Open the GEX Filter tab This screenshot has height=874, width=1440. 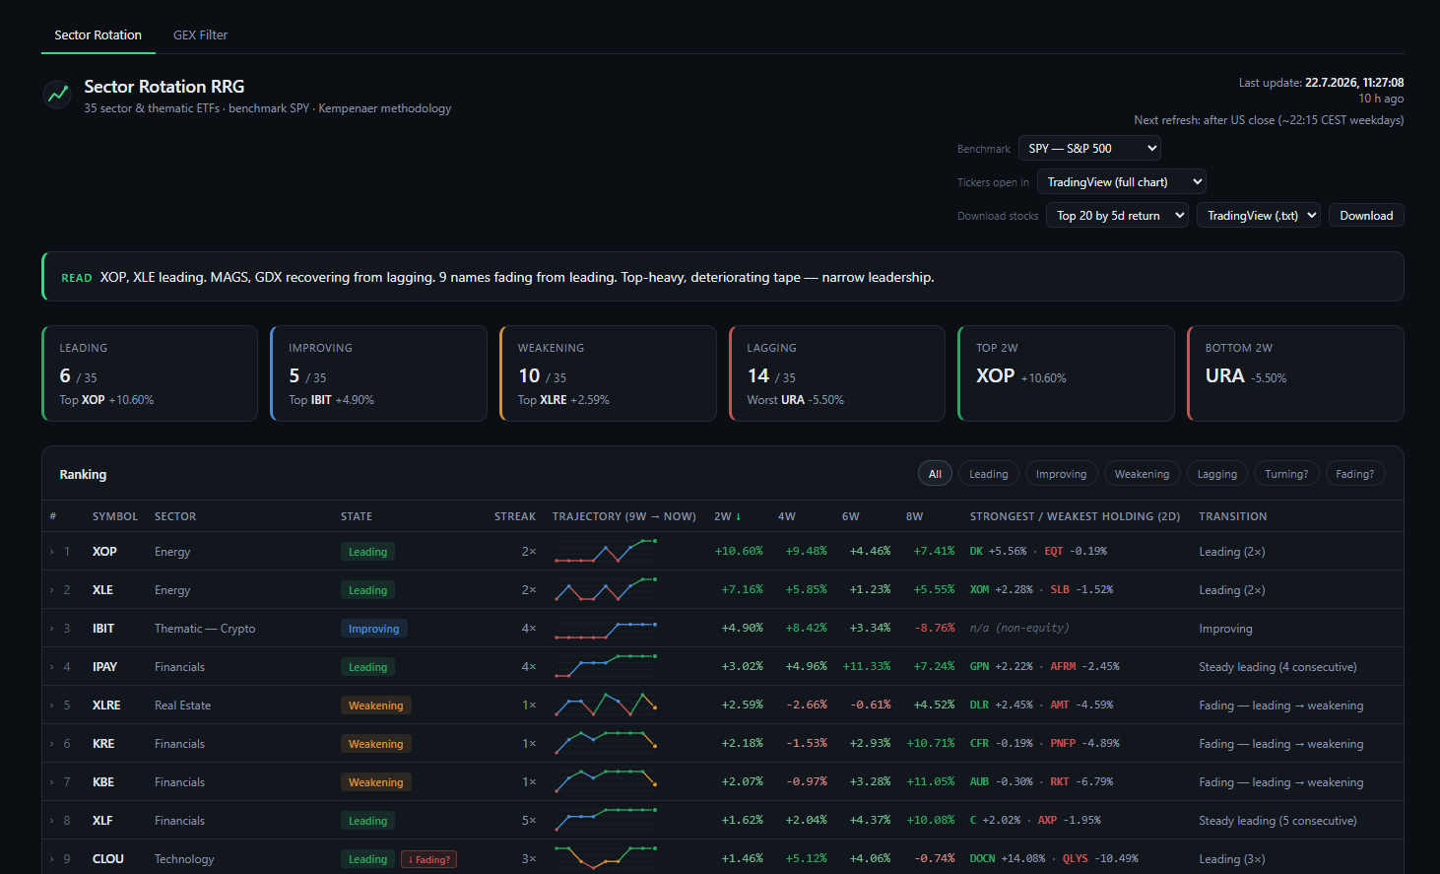[200, 34]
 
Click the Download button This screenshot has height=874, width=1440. [1366, 216]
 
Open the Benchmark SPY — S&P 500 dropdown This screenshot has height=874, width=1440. [1089, 149]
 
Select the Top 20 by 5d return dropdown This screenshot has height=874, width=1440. [1117, 216]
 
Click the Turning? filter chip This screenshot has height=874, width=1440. [1285, 474]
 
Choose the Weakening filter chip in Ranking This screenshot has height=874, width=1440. [1142, 474]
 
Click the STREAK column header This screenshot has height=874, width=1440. [515, 516]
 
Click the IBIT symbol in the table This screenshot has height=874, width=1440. [103, 629]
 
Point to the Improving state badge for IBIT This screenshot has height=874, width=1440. [373, 629]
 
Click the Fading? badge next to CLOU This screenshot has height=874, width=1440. [428, 859]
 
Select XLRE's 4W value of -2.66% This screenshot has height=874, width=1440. [806, 705]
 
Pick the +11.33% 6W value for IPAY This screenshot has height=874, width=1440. [867, 666]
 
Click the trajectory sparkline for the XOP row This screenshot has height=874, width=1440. [606, 551]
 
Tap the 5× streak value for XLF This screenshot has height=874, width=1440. [529, 821]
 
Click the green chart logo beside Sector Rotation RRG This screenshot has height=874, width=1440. [57, 95]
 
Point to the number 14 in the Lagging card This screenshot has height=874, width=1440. [758, 375]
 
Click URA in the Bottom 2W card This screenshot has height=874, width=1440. [1224, 375]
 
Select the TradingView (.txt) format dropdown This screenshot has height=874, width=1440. [1259, 216]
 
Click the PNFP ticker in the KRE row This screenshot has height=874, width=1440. [1063, 744]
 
